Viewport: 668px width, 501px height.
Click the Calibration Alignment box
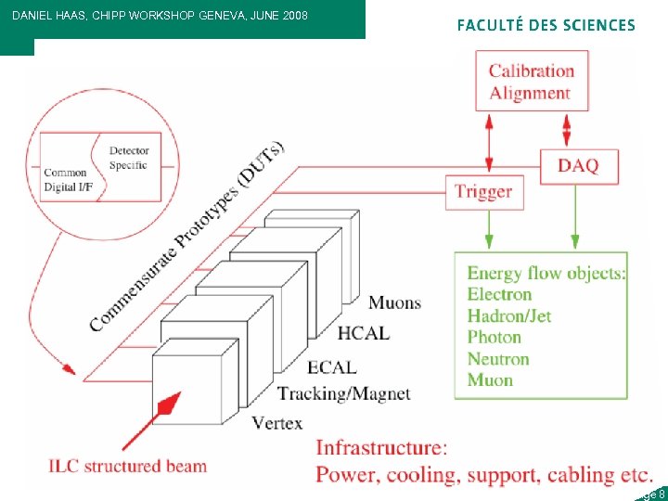tap(532, 82)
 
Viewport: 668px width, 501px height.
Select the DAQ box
tap(578, 166)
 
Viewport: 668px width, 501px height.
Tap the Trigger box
tap(482, 192)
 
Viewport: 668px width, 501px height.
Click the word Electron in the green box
tap(499, 295)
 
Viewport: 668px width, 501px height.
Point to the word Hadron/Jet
tap(508, 316)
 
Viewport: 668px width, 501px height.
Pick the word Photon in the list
tap(494, 338)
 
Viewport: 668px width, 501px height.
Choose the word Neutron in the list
tap(497, 359)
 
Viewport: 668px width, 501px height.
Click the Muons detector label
tap(394, 302)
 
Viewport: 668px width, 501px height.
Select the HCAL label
tap(363, 333)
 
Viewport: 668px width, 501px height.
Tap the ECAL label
tap(331, 368)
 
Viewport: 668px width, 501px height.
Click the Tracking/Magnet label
tap(343, 394)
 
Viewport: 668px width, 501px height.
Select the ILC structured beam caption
tap(128, 466)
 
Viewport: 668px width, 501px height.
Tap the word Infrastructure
tap(381, 449)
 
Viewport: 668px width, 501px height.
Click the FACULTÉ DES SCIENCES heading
tap(546, 26)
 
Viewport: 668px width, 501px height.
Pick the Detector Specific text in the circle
tap(129, 158)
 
